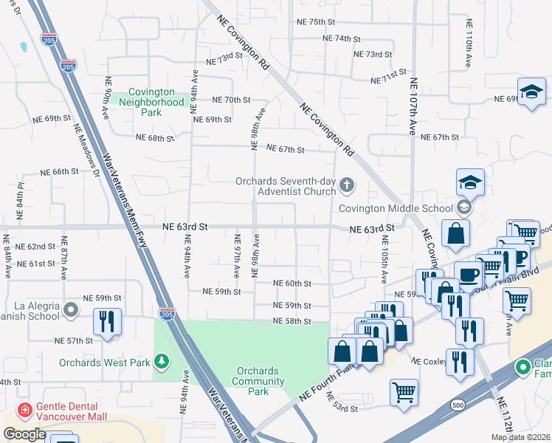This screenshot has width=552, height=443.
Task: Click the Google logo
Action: tap(24, 434)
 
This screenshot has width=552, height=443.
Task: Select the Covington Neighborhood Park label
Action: tap(151, 102)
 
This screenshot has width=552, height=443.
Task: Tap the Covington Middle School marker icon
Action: tap(463, 206)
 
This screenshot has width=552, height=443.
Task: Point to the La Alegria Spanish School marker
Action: tap(71, 310)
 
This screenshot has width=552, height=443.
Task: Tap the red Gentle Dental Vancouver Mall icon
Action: tap(24, 408)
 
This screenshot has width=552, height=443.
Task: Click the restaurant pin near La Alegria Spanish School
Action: tap(108, 322)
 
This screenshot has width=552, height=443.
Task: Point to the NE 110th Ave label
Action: tap(469, 44)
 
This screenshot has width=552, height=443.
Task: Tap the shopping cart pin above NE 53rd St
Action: tap(404, 391)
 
